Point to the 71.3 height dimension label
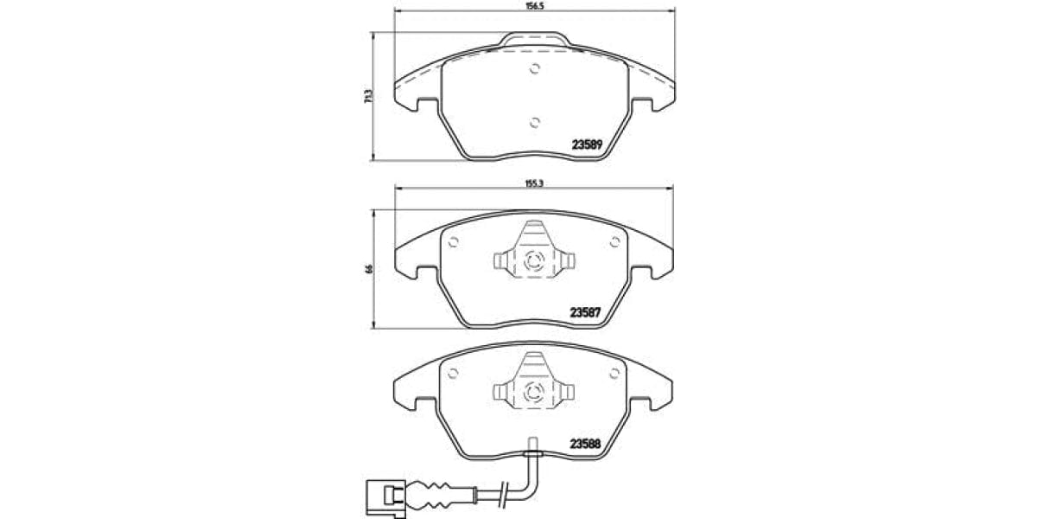[367, 98]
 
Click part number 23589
[586, 144]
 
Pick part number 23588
[586, 445]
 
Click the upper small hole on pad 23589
[534, 70]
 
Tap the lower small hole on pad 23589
[534, 122]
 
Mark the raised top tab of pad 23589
[534, 40]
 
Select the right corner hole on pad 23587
[614, 241]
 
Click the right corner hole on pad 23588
[614, 372]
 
